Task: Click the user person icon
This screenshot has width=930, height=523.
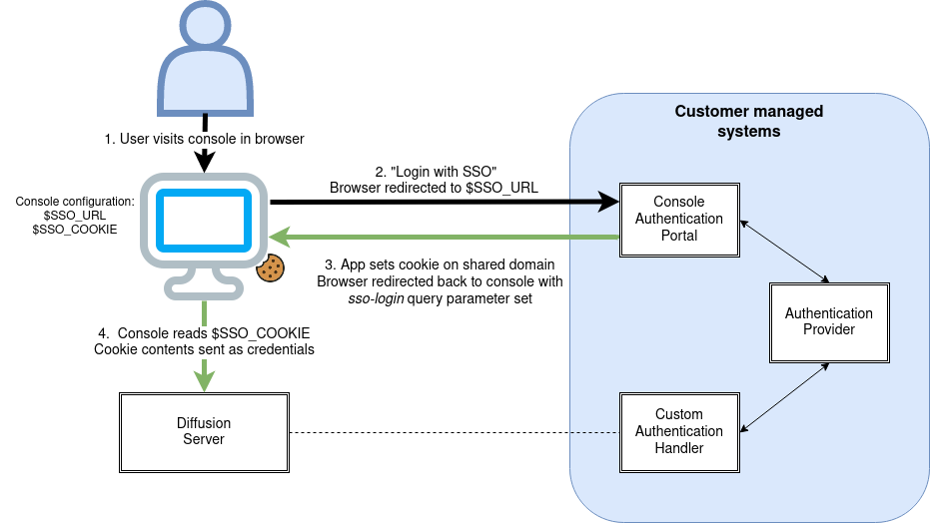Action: [x=204, y=62]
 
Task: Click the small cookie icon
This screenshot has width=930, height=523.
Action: [x=271, y=267]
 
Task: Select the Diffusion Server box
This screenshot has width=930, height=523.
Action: [x=204, y=431]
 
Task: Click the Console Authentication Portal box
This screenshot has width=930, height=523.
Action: [x=679, y=219]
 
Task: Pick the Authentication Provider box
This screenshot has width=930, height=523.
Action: [x=828, y=321]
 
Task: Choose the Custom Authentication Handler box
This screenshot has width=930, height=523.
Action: [x=679, y=431]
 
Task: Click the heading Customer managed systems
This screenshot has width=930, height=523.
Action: [x=748, y=121]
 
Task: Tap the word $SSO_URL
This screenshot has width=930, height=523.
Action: [x=501, y=188]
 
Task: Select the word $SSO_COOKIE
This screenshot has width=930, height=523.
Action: [x=263, y=332]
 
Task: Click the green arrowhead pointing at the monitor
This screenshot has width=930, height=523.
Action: [x=281, y=237]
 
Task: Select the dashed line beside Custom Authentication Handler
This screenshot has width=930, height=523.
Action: [x=594, y=431]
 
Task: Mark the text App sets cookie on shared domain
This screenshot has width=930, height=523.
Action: [x=446, y=265]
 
